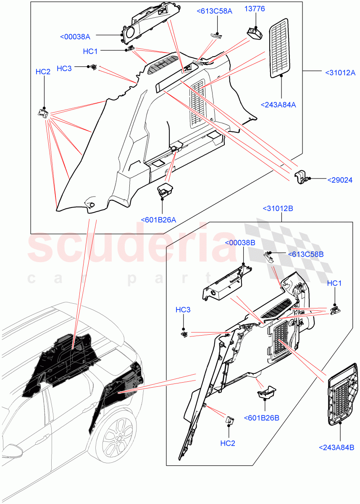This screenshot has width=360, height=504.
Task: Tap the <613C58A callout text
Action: pyautogui.click(x=214, y=11)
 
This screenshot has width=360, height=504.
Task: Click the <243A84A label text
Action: pyautogui.click(x=278, y=105)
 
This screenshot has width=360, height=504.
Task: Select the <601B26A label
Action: pyautogui.click(x=158, y=220)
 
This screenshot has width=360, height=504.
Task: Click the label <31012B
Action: pyautogui.click(x=278, y=208)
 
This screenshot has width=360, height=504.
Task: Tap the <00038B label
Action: pyautogui.click(x=240, y=243)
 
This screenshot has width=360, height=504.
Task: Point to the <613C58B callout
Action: pyautogui.click(x=305, y=254)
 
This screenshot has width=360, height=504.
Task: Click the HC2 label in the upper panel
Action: pyautogui.click(x=43, y=72)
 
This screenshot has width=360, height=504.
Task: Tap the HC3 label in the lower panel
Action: pyautogui.click(x=183, y=310)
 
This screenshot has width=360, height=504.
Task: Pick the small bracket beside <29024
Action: pyautogui.click(x=301, y=177)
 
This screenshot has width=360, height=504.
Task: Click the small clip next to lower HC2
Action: pyautogui.click(x=230, y=420)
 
